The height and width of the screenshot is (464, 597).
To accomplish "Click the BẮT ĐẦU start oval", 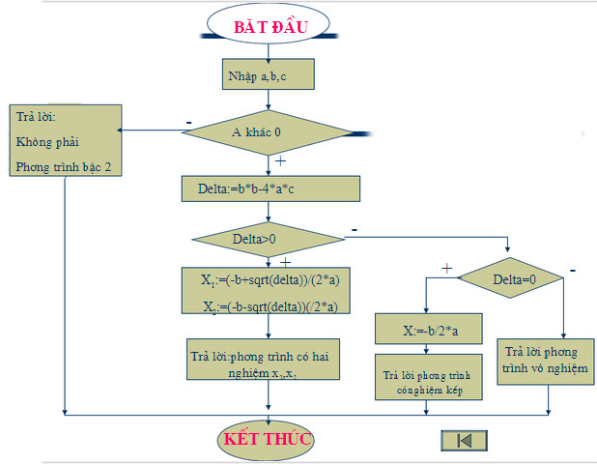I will (x=270, y=27).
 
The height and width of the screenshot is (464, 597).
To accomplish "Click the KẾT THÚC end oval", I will (x=267, y=439).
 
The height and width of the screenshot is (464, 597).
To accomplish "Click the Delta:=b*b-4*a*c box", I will (x=270, y=188).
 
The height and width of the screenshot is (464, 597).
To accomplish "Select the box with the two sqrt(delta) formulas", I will (x=268, y=292).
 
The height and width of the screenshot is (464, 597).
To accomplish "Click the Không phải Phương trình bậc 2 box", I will (x=66, y=141).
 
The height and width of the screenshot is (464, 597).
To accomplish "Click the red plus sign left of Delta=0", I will (x=446, y=268).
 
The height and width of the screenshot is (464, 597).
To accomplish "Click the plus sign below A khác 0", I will (x=280, y=161).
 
